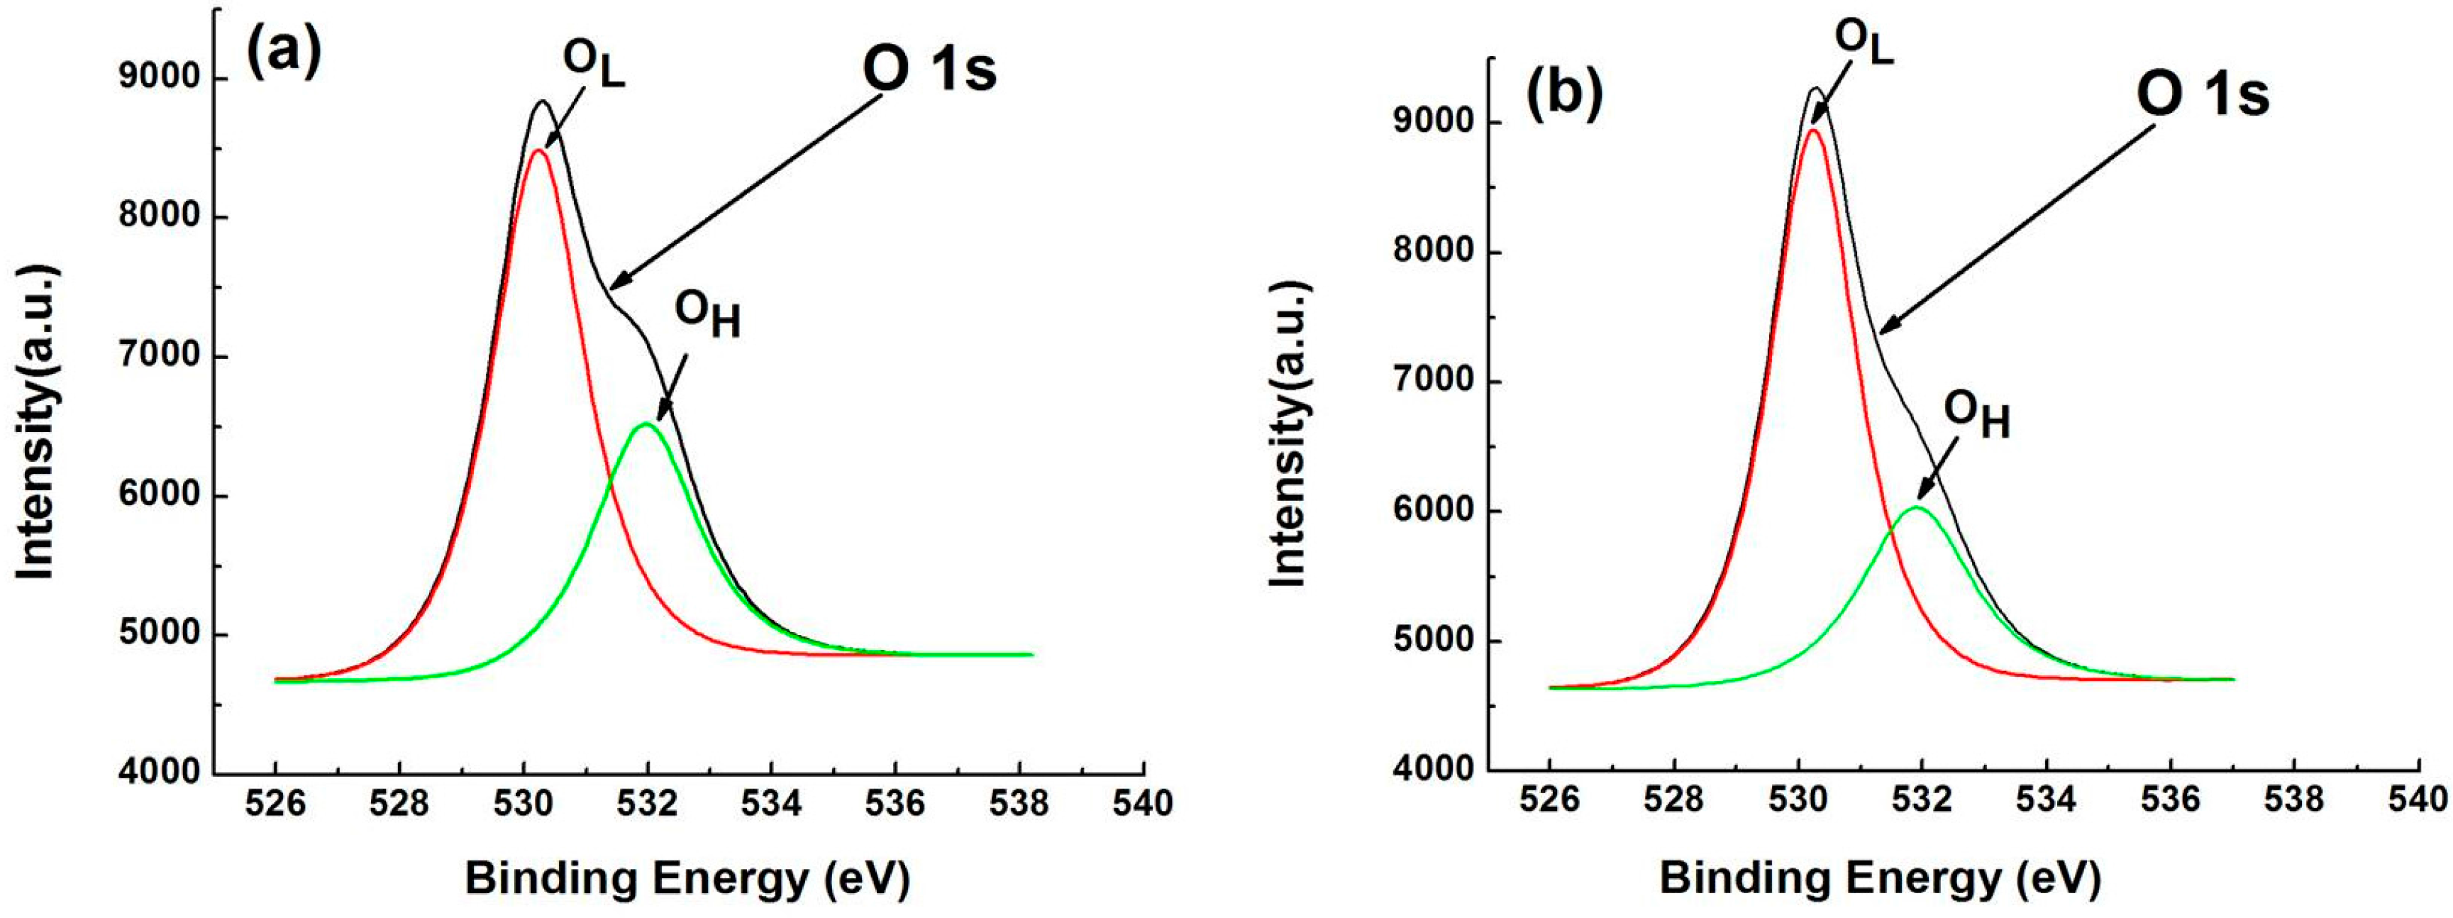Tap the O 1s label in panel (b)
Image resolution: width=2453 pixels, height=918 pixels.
click(2202, 95)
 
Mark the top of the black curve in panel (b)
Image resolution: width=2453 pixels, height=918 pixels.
click(1816, 89)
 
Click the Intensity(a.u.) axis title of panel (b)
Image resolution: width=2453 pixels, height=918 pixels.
click(1290, 433)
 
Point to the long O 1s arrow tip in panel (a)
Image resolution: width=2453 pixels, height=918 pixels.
click(609, 287)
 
